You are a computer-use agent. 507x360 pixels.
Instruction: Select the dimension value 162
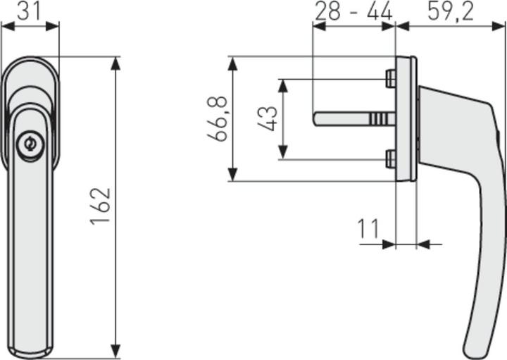coord(101,206)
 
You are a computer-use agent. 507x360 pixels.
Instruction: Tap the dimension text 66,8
coord(220,119)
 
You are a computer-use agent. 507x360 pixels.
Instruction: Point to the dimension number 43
coord(267,119)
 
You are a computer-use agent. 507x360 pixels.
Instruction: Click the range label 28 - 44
coord(353,11)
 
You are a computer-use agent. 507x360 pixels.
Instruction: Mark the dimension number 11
coord(368,229)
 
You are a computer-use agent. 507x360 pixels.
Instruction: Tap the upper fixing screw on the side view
coord(390,78)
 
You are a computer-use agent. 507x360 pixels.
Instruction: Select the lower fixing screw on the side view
coord(390,159)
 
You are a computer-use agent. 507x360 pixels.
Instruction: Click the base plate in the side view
coord(406,119)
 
